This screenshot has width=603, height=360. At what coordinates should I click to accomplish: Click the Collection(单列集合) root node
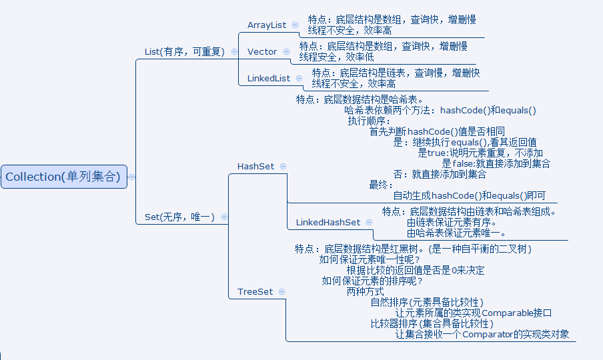point(63,177)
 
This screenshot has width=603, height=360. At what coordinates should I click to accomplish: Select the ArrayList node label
point(267,25)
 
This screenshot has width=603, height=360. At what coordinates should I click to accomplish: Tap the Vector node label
point(262,52)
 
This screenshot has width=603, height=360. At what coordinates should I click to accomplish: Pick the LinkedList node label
point(269,79)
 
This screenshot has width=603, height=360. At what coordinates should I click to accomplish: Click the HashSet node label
point(255,166)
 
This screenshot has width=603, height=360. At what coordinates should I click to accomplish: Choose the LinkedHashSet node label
point(328,223)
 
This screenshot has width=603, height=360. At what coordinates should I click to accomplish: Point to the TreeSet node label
point(255,292)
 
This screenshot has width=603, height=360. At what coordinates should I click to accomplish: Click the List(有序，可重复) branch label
point(185,51)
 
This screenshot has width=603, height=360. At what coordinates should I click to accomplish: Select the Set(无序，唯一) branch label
point(179,217)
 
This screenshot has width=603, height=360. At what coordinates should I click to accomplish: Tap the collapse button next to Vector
point(286,51)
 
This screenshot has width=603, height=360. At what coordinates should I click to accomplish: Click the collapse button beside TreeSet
point(281,292)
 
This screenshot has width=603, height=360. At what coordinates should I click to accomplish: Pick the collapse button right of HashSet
point(283,166)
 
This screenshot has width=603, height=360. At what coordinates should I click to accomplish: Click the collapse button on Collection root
point(131,177)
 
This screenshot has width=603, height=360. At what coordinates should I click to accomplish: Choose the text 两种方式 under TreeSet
point(366,291)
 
